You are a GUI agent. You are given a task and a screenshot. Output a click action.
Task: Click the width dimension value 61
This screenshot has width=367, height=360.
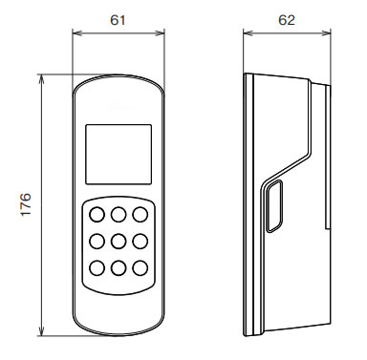click(118, 20)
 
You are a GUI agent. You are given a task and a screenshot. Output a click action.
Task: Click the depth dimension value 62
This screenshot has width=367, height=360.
click(287, 20)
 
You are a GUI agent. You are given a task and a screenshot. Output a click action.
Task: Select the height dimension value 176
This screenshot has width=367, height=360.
click(26, 204)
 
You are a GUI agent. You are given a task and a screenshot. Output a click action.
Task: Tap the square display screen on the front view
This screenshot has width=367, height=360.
click(119, 154)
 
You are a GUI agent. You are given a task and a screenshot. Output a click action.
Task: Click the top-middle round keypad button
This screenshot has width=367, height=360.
click(119, 215)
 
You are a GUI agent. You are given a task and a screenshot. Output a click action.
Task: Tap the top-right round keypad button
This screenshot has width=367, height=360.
click(140, 215)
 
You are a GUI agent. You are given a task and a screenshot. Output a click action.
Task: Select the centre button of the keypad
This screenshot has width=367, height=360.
click(119, 242)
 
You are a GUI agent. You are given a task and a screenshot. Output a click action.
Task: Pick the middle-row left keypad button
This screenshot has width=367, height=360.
click(97, 242)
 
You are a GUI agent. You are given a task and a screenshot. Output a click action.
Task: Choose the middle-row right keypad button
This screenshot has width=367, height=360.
click(140, 242)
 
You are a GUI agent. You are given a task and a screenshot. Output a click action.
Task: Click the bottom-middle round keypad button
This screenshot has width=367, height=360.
click(119, 268)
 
